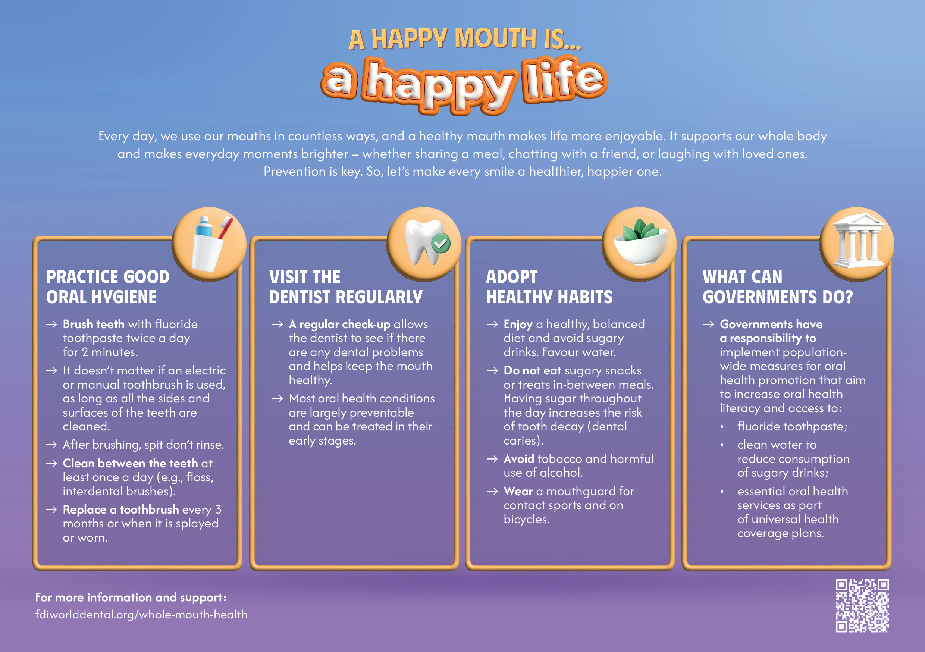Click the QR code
862,606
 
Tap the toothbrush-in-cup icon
209,244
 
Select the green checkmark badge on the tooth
441,243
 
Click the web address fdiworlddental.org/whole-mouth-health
141,615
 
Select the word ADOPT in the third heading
512,277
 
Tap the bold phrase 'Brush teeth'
94,324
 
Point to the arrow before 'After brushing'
51,445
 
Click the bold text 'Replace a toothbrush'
121,510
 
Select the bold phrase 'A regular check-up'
340,325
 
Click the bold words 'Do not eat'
532,370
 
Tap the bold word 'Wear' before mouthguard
518,491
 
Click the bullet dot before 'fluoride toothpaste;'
722,427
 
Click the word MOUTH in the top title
496,39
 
